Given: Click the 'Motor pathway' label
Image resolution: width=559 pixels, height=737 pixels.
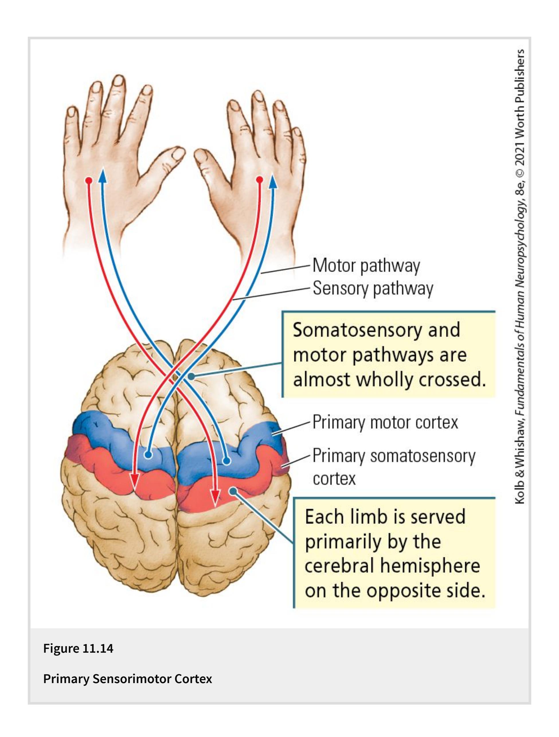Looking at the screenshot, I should [x=366, y=266].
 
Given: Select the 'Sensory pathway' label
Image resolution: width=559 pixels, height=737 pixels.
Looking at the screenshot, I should [x=373, y=288].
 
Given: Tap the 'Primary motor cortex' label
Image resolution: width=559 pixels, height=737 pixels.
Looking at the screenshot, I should [x=385, y=422].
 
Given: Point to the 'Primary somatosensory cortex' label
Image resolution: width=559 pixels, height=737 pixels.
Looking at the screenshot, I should [x=393, y=467].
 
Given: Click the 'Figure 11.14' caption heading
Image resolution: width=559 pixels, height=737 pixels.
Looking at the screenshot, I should [x=78, y=648].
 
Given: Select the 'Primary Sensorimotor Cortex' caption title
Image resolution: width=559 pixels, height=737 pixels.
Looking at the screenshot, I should [x=128, y=679].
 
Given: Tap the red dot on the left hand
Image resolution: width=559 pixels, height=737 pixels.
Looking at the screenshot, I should [x=89, y=181].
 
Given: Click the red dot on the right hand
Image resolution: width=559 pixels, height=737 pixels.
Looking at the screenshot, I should [x=260, y=180].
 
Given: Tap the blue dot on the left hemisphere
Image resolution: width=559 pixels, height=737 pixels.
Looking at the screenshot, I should [x=148, y=455].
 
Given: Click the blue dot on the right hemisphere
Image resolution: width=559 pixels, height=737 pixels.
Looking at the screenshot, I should [x=226, y=461].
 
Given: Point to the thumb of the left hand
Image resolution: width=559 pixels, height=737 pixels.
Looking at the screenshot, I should [x=173, y=157].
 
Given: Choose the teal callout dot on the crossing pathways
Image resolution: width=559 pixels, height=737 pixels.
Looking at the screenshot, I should [x=191, y=376].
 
